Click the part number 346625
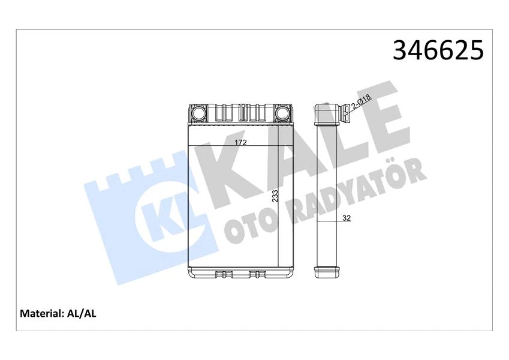click(x=438, y=50)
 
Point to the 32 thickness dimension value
click(x=346, y=218)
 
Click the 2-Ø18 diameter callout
click(x=362, y=104)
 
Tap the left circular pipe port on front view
click(x=198, y=113)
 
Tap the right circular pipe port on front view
click(x=282, y=113)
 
